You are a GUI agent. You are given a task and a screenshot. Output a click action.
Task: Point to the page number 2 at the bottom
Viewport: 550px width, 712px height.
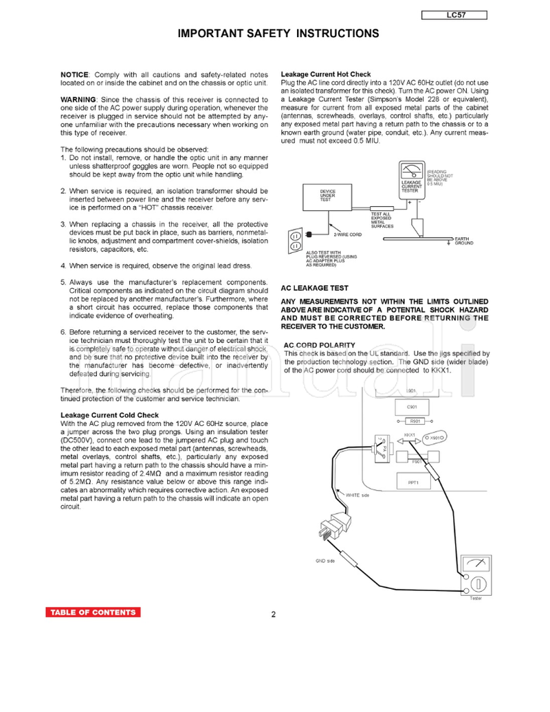tap(274, 614)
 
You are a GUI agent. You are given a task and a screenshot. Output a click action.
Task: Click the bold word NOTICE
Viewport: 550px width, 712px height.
tap(74, 74)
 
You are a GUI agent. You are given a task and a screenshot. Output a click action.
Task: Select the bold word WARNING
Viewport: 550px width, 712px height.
tap(78, 100)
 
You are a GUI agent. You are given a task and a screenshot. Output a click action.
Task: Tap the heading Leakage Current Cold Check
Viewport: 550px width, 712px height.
tap(109, 415)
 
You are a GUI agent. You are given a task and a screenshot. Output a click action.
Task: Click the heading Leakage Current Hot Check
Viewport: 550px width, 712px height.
tap(326, 74)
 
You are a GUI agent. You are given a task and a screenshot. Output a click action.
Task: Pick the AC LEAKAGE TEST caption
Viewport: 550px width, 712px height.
tap(315, 289)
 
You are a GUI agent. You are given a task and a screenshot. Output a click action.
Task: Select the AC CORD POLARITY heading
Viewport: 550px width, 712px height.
tap(320, 345)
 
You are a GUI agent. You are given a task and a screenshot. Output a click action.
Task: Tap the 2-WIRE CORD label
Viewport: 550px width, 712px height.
tap(347, 234)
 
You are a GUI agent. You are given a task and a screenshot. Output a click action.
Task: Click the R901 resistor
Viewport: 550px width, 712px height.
tap(415, 421)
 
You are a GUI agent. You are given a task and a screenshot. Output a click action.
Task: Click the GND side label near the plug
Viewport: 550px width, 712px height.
tap(325, 561)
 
